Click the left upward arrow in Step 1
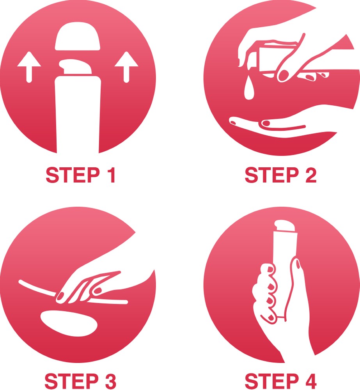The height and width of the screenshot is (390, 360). (29, 67)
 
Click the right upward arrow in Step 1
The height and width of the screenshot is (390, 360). (126, 67)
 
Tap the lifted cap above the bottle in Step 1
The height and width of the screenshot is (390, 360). (78, 36)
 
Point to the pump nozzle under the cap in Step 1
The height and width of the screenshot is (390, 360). (75, 67)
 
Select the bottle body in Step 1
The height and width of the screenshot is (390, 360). (78, 114)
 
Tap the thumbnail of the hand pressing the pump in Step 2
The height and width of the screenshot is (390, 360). (283, 75)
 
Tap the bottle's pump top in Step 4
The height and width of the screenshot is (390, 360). (285, 225)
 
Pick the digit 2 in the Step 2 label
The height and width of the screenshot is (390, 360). (311, 175)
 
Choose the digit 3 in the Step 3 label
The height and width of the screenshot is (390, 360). (110, 381)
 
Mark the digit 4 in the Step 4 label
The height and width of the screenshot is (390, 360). (310, 381)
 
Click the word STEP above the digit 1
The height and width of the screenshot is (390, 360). (73, 175)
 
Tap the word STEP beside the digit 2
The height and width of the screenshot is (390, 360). (272, 175)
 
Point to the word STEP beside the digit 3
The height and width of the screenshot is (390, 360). (72, 381)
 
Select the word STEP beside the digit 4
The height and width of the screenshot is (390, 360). (272, 381)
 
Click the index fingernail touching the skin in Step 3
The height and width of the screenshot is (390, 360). (60, 296)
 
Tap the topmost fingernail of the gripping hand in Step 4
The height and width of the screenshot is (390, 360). (270, 269)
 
